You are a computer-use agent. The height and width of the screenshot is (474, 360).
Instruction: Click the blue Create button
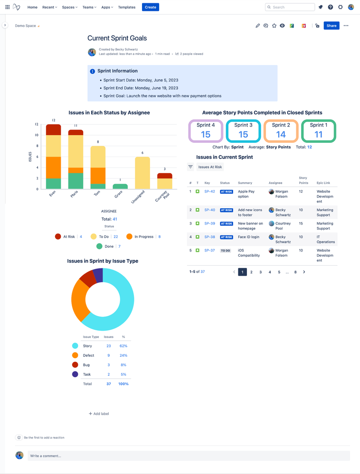151,7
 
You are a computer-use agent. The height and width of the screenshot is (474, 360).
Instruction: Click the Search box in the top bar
290,7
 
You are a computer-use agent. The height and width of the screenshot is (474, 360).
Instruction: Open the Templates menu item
126,7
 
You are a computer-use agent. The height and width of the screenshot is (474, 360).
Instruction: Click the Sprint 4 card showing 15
205,131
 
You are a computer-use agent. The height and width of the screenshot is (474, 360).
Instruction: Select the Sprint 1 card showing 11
318,131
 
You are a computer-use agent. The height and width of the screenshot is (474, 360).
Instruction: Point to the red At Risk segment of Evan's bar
53,130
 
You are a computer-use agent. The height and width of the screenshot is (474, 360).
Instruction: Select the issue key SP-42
209,192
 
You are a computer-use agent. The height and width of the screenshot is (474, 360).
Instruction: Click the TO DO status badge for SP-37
225,251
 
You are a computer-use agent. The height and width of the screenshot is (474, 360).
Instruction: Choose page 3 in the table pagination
261,272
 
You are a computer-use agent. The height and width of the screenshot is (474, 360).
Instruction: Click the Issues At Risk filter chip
210,167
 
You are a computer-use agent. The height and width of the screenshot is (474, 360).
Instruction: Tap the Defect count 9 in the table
109,355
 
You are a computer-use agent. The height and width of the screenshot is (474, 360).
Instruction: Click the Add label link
99,414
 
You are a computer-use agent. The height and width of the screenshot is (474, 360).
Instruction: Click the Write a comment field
188,455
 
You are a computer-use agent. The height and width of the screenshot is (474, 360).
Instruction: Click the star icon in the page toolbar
274,26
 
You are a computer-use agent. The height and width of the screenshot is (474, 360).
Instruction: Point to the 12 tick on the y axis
37,124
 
